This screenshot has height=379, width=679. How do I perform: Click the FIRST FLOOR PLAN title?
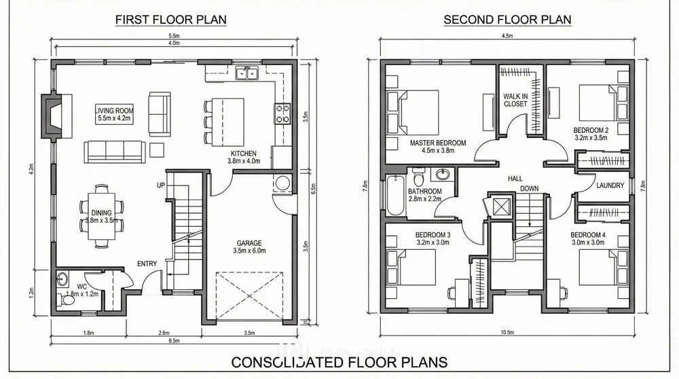tap(170, 20)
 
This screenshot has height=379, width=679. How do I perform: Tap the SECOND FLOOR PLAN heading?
tap(507, 20)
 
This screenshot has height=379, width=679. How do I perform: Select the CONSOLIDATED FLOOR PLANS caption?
tap(339, 362)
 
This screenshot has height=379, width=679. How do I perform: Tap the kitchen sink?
tap(246, 73)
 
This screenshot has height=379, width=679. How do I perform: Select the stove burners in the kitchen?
tap(282, 113)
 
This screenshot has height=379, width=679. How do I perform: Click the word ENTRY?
tap(147, 264)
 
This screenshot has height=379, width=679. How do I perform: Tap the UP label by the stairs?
tap(161, 185)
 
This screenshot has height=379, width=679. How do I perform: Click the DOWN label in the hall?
tap(530, 188)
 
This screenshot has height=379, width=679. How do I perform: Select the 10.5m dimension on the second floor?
tap(507, 332)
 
